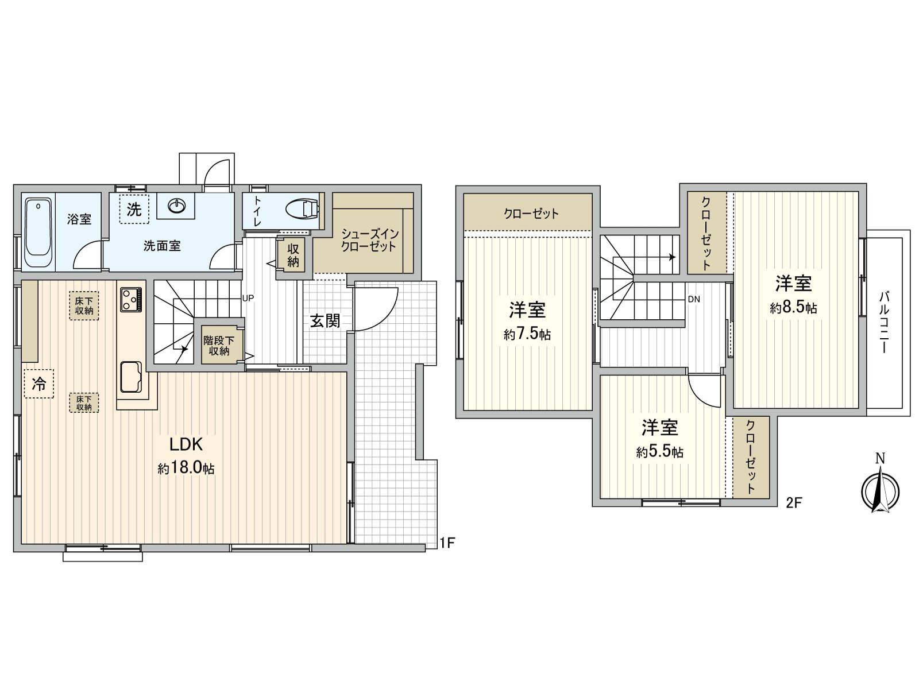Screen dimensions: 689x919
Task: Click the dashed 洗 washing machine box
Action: [x=134, y=209]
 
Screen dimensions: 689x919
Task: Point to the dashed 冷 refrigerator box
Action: [x=39, y=383]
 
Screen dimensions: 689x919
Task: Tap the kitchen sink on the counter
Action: [x=132, y=378]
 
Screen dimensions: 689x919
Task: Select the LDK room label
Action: [x=186, y=444]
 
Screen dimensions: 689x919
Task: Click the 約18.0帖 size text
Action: [x=186, y=469]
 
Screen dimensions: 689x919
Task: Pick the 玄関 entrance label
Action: [x=325, y=320]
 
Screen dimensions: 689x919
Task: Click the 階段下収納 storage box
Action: [x=219, y=345]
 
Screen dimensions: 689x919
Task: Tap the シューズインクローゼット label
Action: [x=369, y=240]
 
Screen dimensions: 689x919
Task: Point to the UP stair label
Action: [x=248, y=298]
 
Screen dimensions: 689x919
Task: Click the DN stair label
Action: [x=694, y=299]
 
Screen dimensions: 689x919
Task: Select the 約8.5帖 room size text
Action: [x=793, y=308]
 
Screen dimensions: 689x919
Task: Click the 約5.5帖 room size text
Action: [x=659, y=452]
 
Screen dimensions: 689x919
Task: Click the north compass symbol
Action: [x=880, y=491]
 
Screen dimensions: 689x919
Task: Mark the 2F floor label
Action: [x=793, y=503]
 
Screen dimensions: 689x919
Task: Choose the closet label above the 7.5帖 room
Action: [x=531, y=214]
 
